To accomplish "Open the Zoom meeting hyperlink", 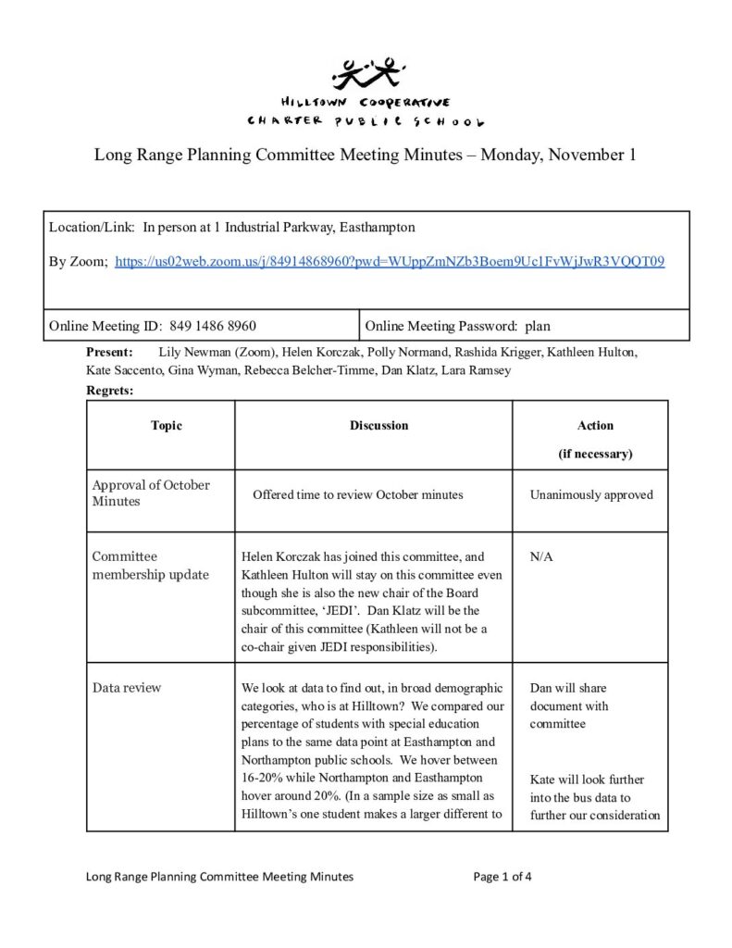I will click(x=389, y=262).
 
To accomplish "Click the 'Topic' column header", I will click(x=167, y=426).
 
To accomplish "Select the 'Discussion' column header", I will click(x=378, y=426).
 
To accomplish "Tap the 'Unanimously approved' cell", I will click(x=590, y=495).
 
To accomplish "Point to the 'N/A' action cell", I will click(x=540, y=557).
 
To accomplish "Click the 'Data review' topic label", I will click(x=126, y=688).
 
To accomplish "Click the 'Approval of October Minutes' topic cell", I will click(x=150, y=493).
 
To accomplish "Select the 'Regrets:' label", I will click(x=109, y=392).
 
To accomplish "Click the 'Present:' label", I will click(x=109, y=353).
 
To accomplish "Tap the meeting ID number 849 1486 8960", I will click(x=213, y=326).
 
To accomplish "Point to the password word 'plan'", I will click(x=537, y=326).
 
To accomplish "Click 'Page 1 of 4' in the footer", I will click(x=502, y=877).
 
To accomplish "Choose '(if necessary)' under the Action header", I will click(x=595, y=454).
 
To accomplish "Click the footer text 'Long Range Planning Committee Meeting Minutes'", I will click(x=219, y=877).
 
